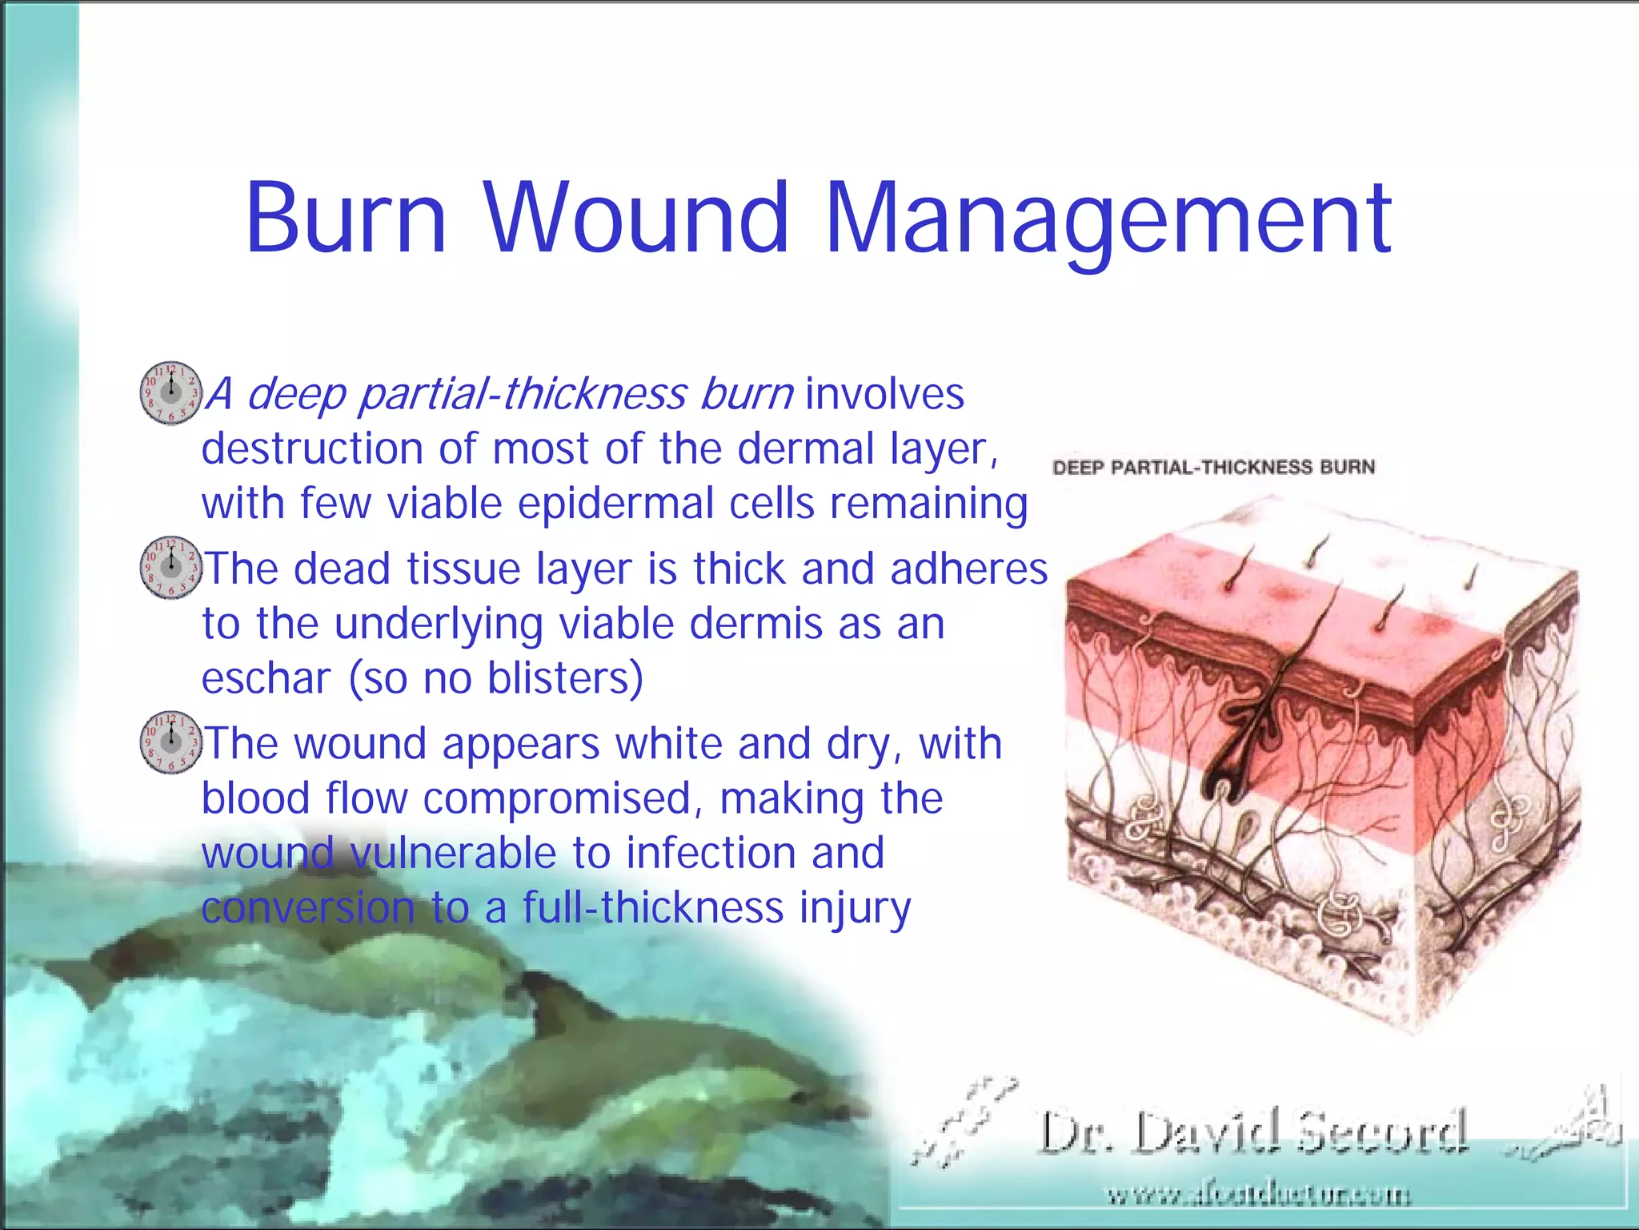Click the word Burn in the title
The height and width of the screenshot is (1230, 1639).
pos(345,217)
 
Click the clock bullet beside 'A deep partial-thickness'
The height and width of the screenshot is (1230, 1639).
pos(170,392)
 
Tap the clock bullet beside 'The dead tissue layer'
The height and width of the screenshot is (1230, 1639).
pos(170,567)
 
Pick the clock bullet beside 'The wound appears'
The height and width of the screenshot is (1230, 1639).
pos(170,742)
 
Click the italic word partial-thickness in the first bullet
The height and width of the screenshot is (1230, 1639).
pos(522,394)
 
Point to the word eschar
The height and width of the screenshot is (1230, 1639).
pos(266,678)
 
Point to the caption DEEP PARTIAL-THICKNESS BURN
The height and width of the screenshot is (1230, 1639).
pos(1213,467)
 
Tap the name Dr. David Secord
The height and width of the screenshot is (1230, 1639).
pos(1252,1132)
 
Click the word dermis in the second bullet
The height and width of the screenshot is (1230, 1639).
pos(755,624)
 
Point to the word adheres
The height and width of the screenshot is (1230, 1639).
pos(968,569)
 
